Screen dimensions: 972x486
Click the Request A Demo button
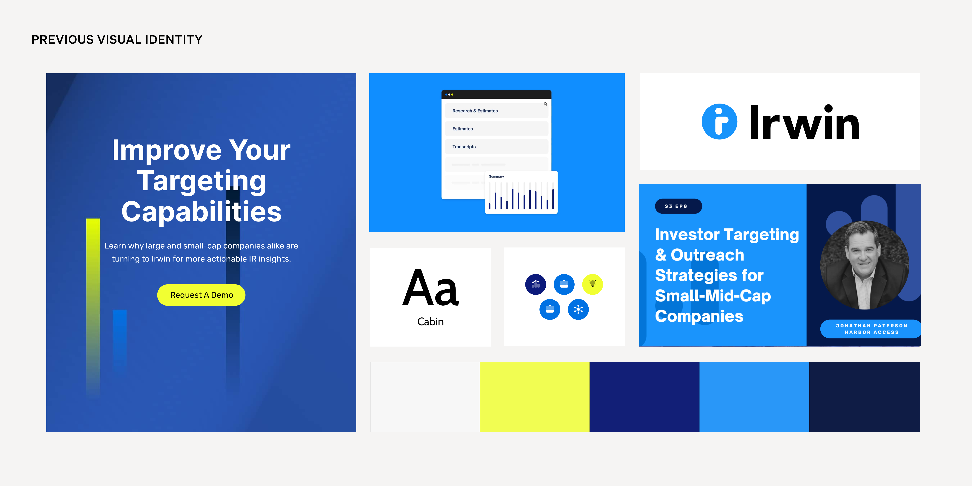coord(201,295)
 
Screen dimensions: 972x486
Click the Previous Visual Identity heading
coord(117,40)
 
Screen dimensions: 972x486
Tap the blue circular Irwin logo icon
coord(719,121)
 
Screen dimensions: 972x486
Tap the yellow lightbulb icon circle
coord(592,284)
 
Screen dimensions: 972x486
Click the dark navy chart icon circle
coord(535,284)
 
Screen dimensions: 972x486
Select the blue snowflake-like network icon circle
coord(578,309)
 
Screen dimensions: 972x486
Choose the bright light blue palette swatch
coord(754,397)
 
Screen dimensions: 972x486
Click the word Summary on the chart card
coord(496,177)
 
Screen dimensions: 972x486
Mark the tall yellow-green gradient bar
coord(93,307)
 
